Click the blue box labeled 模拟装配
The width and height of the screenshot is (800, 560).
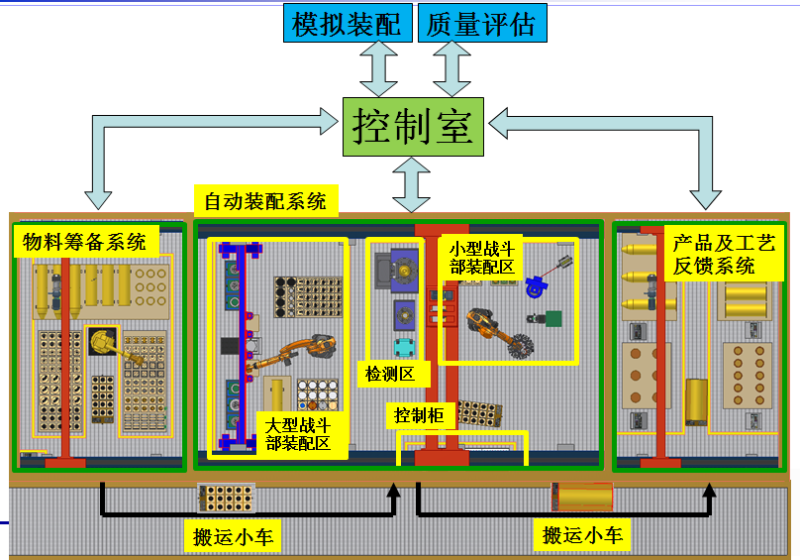(x=347, y=24)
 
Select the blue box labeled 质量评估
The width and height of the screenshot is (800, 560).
(x=481, y=24)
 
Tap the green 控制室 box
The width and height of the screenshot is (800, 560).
(x=414, y=127)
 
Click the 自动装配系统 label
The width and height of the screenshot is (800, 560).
(x=264, y=202)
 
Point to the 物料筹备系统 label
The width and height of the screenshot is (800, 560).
(x=84, y=241)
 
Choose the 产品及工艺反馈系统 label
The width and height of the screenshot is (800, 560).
(x=723, y=254)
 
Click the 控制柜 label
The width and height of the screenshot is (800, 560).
(x=419, y=414)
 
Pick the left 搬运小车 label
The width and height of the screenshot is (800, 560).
(x=234, y=537)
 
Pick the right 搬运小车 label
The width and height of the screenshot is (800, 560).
(x=583, y=536)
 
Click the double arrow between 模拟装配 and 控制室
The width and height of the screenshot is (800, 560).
(x=377, y=69)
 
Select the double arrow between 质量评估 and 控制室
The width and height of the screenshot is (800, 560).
(x=452, y=69)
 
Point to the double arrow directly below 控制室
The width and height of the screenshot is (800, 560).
(x=414, y=183)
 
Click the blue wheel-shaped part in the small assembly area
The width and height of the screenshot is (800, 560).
(x=535, y=286)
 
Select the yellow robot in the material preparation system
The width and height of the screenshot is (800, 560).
(x=103, y=342)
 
